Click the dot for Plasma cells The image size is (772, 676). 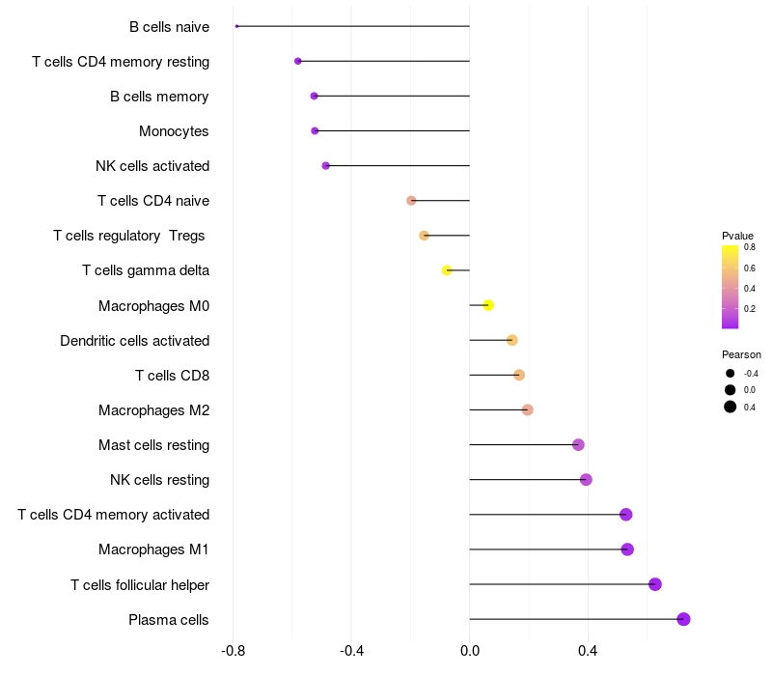[x=683, y=619]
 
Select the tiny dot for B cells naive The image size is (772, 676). [x=236, y=26]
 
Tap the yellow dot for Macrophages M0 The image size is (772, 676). [x=488, y=305]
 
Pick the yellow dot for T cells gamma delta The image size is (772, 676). [x=447, y=270]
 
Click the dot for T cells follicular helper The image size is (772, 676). [x=655, y=584]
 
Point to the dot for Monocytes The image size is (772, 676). [x=315, y=130]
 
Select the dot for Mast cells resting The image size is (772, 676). [x=578, y=445]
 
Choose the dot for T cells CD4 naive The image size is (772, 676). [x=411, y=201]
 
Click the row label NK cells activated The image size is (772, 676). [x=152, y=166]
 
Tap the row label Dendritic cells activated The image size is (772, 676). [x=134, y=341]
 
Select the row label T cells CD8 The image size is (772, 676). [x=172, y=376]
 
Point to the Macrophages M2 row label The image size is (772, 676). [x=153, y=410]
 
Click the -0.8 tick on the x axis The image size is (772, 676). [x=234, y=652]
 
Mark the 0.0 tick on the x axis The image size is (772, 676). [x=469, y=652]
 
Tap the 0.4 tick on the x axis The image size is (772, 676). [x=587, y=652]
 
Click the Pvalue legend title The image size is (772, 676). [x=737, y=236]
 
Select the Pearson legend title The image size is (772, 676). [x=741, y=354]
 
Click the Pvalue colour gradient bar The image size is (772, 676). [x=730, y=287]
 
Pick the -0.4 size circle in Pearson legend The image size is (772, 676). [x=731, y=374]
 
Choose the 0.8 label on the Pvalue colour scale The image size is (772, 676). [x=750, y=247]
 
